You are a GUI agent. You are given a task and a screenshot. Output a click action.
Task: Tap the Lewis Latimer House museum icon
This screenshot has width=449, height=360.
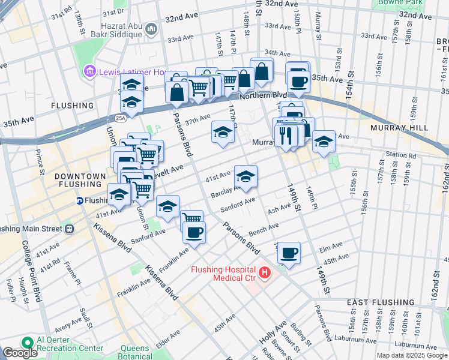tap(90, 72)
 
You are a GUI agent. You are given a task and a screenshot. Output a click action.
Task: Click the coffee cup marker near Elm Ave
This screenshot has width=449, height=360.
tap(289, 253)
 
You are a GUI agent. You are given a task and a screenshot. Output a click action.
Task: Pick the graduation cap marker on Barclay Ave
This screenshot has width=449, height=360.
tap(246, 176)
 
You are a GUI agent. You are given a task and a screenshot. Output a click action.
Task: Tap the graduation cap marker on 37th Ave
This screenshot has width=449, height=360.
tap(223, 132)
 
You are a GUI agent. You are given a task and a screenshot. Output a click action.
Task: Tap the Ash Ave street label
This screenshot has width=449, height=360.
tap(279, 208)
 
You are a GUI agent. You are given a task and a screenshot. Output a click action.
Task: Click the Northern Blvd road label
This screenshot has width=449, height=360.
tap(263, 96)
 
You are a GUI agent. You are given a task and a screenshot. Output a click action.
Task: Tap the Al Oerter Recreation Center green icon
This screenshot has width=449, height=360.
tap(26, 343)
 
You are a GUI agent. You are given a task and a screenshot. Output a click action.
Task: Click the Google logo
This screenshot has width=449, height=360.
tap(20, 353)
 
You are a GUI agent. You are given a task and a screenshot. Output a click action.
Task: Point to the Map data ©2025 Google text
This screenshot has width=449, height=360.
tap(411, 355)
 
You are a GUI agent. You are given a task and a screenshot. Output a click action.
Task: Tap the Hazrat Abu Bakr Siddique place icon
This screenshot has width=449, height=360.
tap(150, 28)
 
